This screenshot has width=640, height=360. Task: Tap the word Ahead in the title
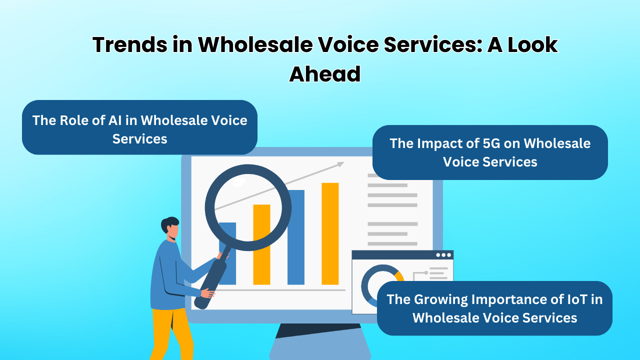point(325,74)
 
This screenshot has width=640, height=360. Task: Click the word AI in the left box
point(127,120)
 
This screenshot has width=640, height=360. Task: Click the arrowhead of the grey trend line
point(340,163)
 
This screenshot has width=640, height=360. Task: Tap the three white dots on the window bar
point(443,255)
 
